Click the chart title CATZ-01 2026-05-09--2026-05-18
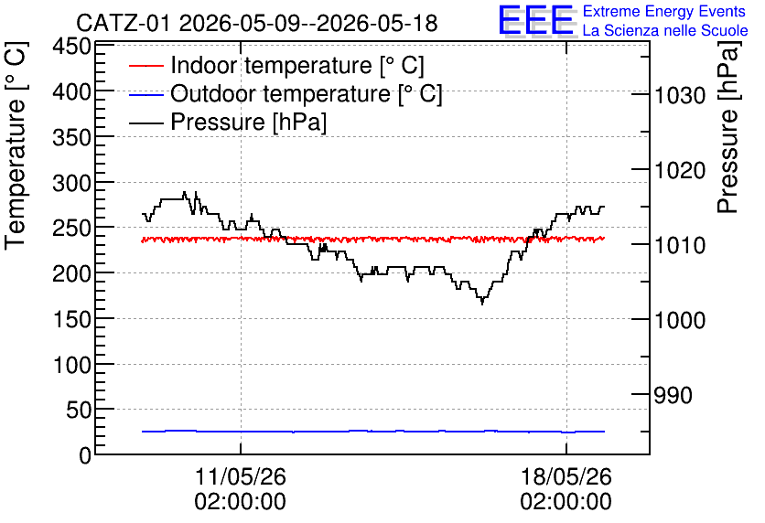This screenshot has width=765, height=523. click(x=256, y=23)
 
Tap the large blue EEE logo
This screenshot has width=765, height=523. click(x=535, y=20)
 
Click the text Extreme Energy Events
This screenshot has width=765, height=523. click(x=664, y=11)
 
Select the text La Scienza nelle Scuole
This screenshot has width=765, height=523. click(x=665, y=30)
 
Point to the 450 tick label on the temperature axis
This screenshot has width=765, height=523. click(x=72, y=47)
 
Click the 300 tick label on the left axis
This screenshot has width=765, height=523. click(x=72, y=183)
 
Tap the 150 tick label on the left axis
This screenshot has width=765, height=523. click(x=72, y=320)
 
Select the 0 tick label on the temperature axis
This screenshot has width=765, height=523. click(x=85, y=455)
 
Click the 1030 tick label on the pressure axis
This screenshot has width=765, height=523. click(x=680, y=95)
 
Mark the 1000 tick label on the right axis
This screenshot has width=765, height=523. click(x=680, y=320)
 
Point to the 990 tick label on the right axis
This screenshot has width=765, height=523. click(x=673, y=395)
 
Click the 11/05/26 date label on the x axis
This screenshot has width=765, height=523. click(x=241, y=476)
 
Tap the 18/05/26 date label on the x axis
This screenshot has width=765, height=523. click(x=566, y=476)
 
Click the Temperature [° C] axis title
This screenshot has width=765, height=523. click(x=16, y=146)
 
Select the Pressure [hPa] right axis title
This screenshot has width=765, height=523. click(x=727, y=127)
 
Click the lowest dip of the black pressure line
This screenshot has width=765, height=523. click(x=482, y=304)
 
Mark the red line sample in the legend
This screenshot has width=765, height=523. click(x=145, y=66)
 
